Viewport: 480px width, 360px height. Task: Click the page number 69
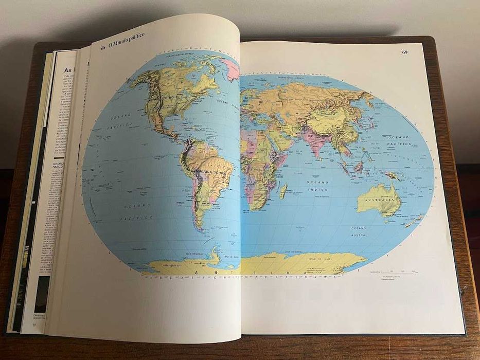(x=405, y=52)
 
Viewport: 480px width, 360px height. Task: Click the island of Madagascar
(x=283, y=191)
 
